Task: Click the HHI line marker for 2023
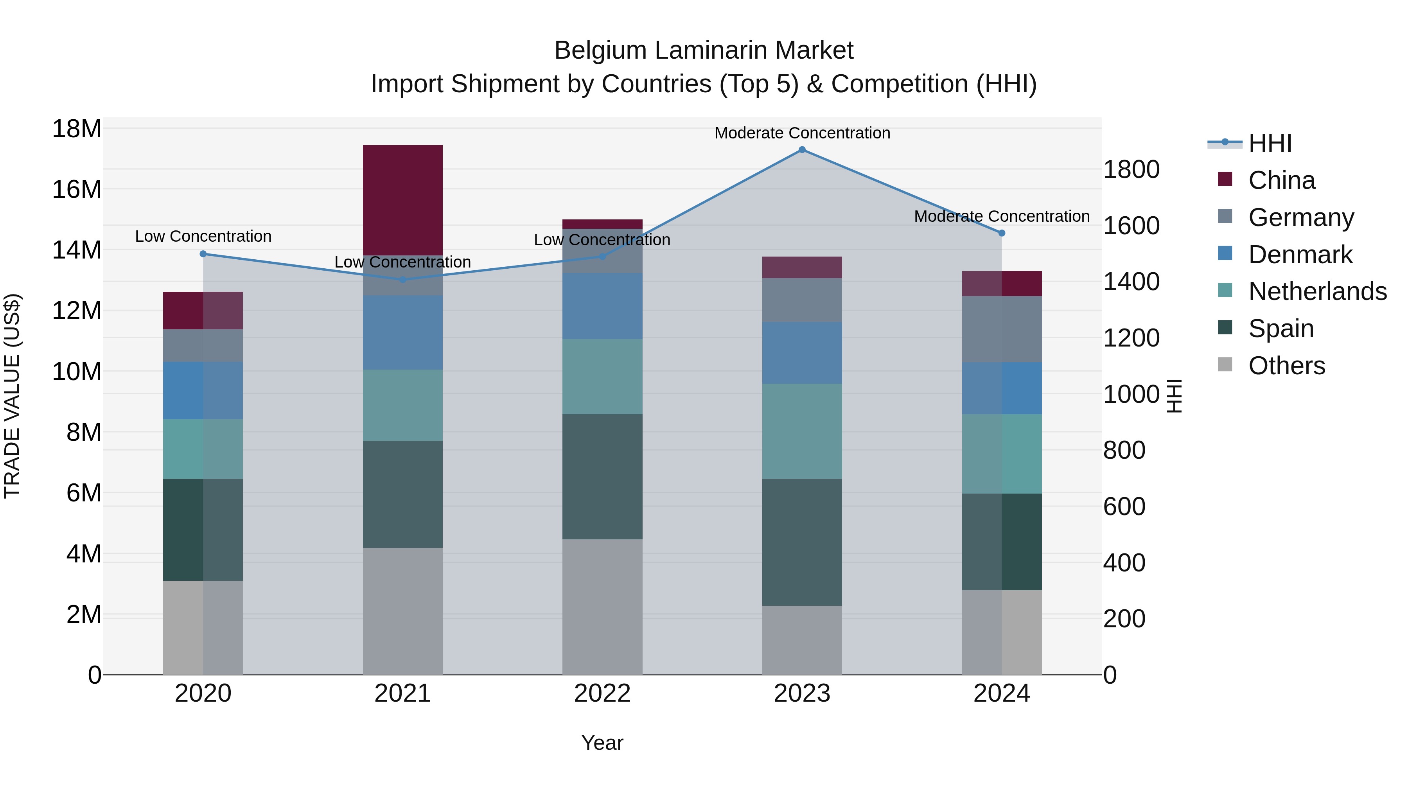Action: tap(802, 150)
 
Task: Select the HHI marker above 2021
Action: tap(403, 280)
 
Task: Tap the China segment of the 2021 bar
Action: tap(403, 199)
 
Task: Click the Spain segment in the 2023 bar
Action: tap(802, 542)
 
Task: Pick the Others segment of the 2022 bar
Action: tap(602, 607)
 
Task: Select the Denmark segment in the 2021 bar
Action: tap(403, 332)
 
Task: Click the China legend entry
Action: tap(1281, 180)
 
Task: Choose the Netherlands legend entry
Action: tap(1317, 291)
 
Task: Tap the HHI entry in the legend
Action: tap(1270, 143)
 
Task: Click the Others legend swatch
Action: tap(1225, 365)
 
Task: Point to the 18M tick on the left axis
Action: tap(77, 129)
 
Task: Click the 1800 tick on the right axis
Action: tap(1131, 169)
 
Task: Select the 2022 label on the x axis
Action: tap(602, 693)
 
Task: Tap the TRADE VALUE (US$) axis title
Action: tap(12, 396)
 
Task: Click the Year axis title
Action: tap(602, 743)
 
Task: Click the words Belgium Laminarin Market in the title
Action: tap(704, 50)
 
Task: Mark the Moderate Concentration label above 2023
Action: tap(802, 133)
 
